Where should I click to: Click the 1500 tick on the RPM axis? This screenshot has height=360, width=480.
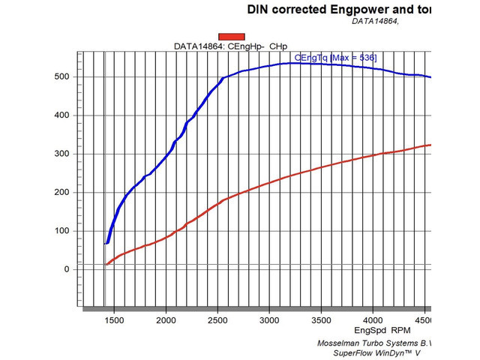114,321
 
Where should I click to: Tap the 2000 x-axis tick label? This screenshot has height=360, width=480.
166,321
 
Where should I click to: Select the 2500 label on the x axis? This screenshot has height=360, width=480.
217,321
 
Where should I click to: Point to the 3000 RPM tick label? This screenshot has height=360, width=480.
269,321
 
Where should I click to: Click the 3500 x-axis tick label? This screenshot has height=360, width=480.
321,321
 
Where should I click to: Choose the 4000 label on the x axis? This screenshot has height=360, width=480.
373,321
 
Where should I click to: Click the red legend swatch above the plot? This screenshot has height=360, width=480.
232,36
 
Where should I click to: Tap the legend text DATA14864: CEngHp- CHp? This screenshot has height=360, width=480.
231,46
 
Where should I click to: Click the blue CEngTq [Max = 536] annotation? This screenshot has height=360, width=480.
335,57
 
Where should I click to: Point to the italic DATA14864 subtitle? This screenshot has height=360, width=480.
375,21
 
